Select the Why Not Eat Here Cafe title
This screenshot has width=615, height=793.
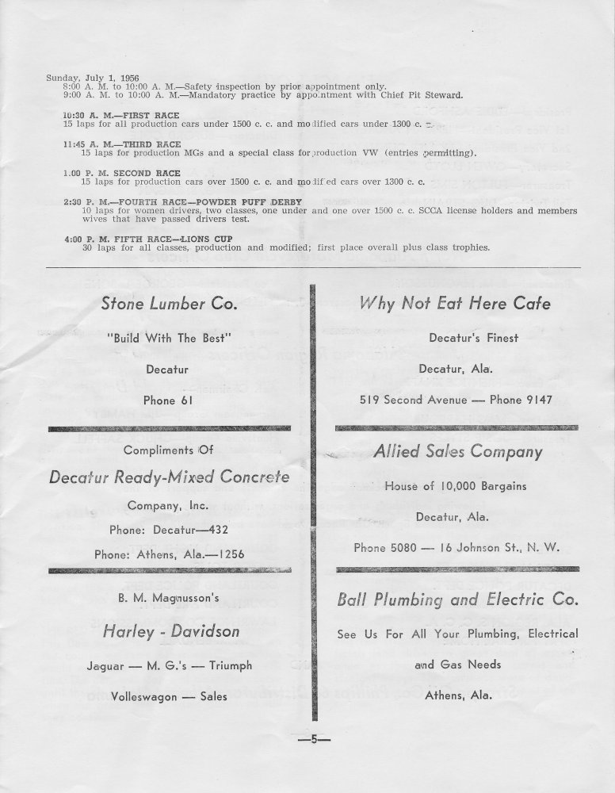pos(455,303)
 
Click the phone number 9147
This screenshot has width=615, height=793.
pos(536,400)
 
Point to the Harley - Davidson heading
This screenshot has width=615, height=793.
pos(171,631)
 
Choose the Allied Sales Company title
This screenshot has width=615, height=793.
pos(457,451)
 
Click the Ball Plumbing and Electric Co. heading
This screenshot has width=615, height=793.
pos(457,600)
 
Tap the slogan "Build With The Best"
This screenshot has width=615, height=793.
pos(168,338)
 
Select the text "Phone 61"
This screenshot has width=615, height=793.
pos(168,400)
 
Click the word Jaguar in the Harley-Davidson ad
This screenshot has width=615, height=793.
pos(105,666)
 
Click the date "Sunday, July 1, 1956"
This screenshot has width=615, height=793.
pos(82,77)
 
